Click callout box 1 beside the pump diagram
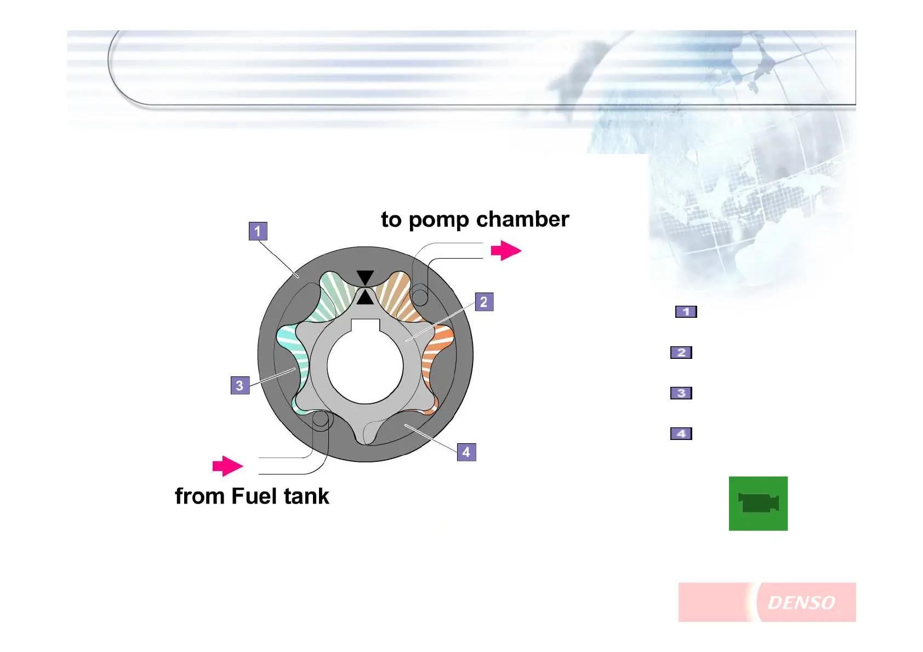(258, 231)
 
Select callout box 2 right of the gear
(484, 302)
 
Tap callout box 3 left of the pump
(240, 386)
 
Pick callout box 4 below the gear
(466, 452)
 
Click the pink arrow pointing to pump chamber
(506, 251)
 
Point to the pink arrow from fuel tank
(227, 466)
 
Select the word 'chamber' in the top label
(522, 219)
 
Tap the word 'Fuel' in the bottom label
(254, 496)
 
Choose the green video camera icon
(758, 504)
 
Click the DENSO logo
(801, 603)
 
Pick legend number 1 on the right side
(686, 312)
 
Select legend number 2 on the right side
(681, 352)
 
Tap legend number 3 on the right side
(681, 393)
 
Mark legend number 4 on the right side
(681, 434)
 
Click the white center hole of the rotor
(365, 365)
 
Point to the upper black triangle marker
(365, 277)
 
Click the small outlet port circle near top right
(420, 297)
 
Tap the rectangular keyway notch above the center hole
(365, 325)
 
